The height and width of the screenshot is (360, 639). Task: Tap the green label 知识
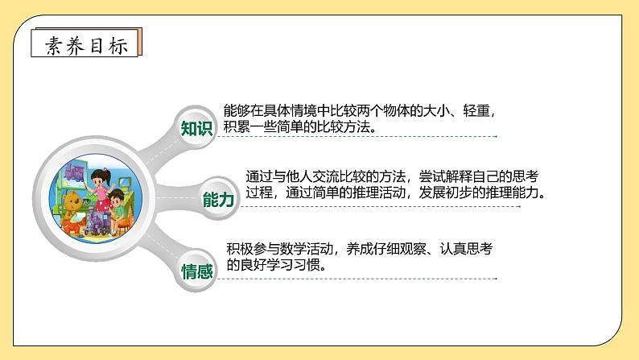pyautogui.click(x=196, y=129)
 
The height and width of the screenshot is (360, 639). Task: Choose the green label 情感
pyautogui.click(x=197, y=271)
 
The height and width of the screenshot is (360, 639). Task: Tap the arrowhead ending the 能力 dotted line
pyautogui.click(x=548, y=207)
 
